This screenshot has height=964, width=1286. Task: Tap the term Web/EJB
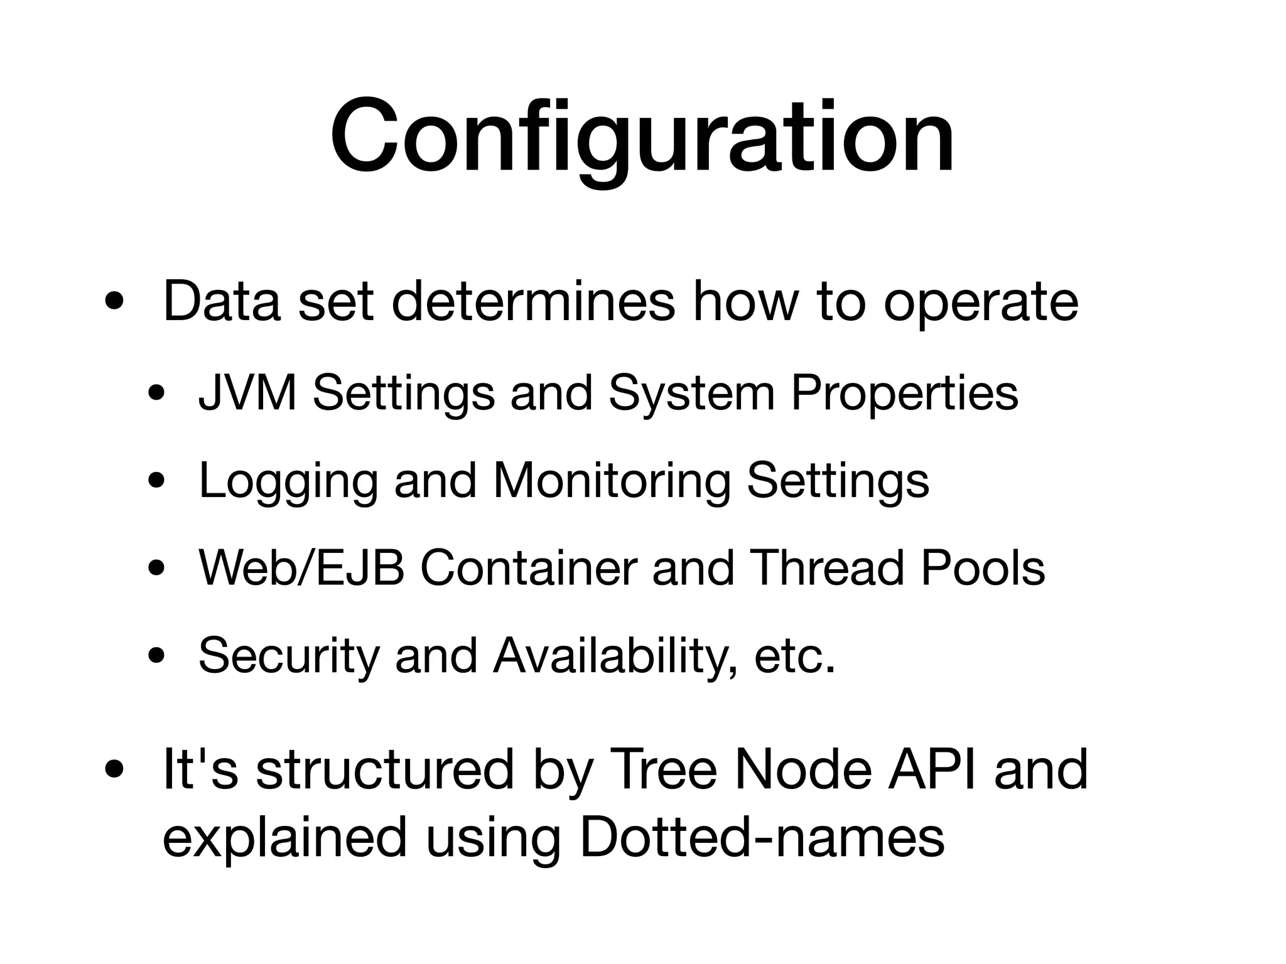click(301, 569)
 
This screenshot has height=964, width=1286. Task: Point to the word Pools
click(982, 569)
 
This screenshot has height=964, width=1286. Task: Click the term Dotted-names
click(762, 837)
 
